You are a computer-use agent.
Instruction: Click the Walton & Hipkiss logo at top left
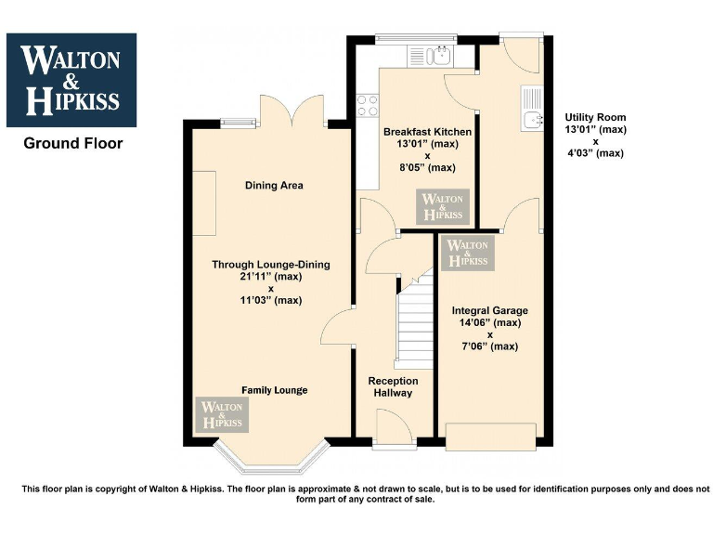coord(71,80)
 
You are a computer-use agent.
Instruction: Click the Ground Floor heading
coord(72,144)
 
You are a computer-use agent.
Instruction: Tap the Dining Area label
coord(274,186)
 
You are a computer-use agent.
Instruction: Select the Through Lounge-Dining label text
coord(270,265)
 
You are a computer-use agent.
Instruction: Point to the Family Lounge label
coord(275,390)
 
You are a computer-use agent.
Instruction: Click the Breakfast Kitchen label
coord(427,133)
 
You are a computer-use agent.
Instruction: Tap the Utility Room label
coord(595,118)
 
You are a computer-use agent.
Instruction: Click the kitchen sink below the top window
coord(439,57)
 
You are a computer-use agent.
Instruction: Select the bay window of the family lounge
coord(271,455)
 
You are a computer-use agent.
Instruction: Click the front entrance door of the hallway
coord(394,431)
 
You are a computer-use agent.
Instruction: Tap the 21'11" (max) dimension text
coord(270,277)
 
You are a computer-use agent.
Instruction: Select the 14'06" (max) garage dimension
coord(489,323)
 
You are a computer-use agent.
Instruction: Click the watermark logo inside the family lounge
coord(222,414)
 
